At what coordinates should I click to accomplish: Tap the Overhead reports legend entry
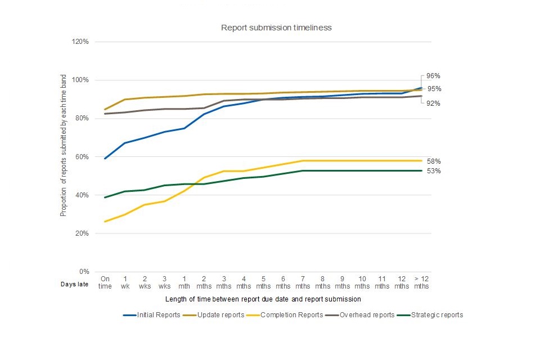coord(366,315)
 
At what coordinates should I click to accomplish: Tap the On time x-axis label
coord(105,282)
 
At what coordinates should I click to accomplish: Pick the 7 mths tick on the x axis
coord(303,282)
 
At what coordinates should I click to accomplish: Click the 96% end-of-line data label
coord(433,76)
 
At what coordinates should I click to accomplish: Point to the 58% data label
coord(433,161)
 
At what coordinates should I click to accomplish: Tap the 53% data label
coord(433,171)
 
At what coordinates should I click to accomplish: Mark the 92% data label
coord(433,103)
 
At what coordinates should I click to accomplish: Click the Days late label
coord(74,285)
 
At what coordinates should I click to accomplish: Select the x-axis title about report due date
coord(263,299)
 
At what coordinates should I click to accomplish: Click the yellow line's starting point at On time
coord(105,222)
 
